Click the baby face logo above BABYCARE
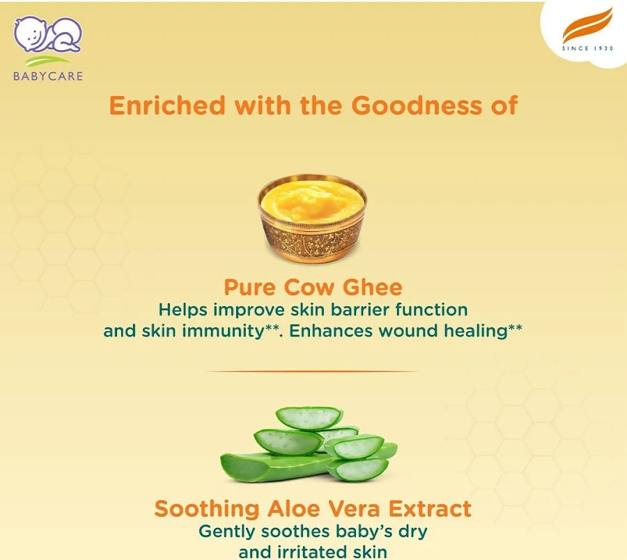tap(47, 34)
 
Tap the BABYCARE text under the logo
tap(48, 76)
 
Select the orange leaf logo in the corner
tap(587, 26)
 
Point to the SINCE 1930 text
tap(587, 48)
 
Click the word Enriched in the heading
tap(167, 106)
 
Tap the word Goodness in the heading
tap(417, 106)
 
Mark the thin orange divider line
tap(313, 371)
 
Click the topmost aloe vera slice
tap(309, 419)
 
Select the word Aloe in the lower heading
tap(294, 509)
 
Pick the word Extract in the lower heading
tap(430, 509)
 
